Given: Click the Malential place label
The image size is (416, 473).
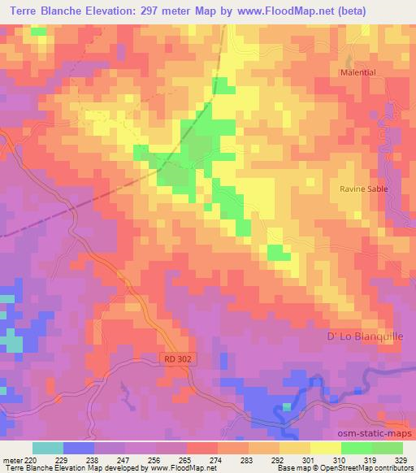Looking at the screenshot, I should (x=357, y=72).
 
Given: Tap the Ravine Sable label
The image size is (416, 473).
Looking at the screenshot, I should (x=363, y=189).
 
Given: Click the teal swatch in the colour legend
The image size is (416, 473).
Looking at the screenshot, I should (x=48, y=448).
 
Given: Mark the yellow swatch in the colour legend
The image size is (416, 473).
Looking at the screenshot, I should (x=325, y=448).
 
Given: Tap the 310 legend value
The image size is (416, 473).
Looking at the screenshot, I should (x=340, y=458).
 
